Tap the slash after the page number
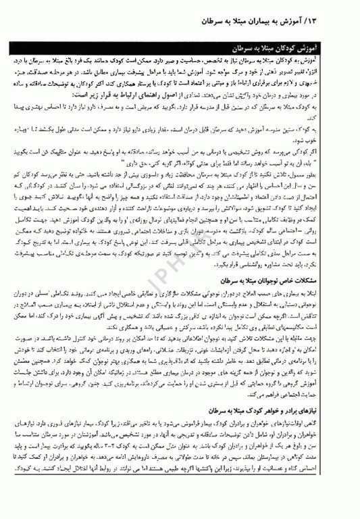pos(333,22)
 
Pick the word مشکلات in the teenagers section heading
pos(336,279)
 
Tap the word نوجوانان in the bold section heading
pos(294,279)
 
